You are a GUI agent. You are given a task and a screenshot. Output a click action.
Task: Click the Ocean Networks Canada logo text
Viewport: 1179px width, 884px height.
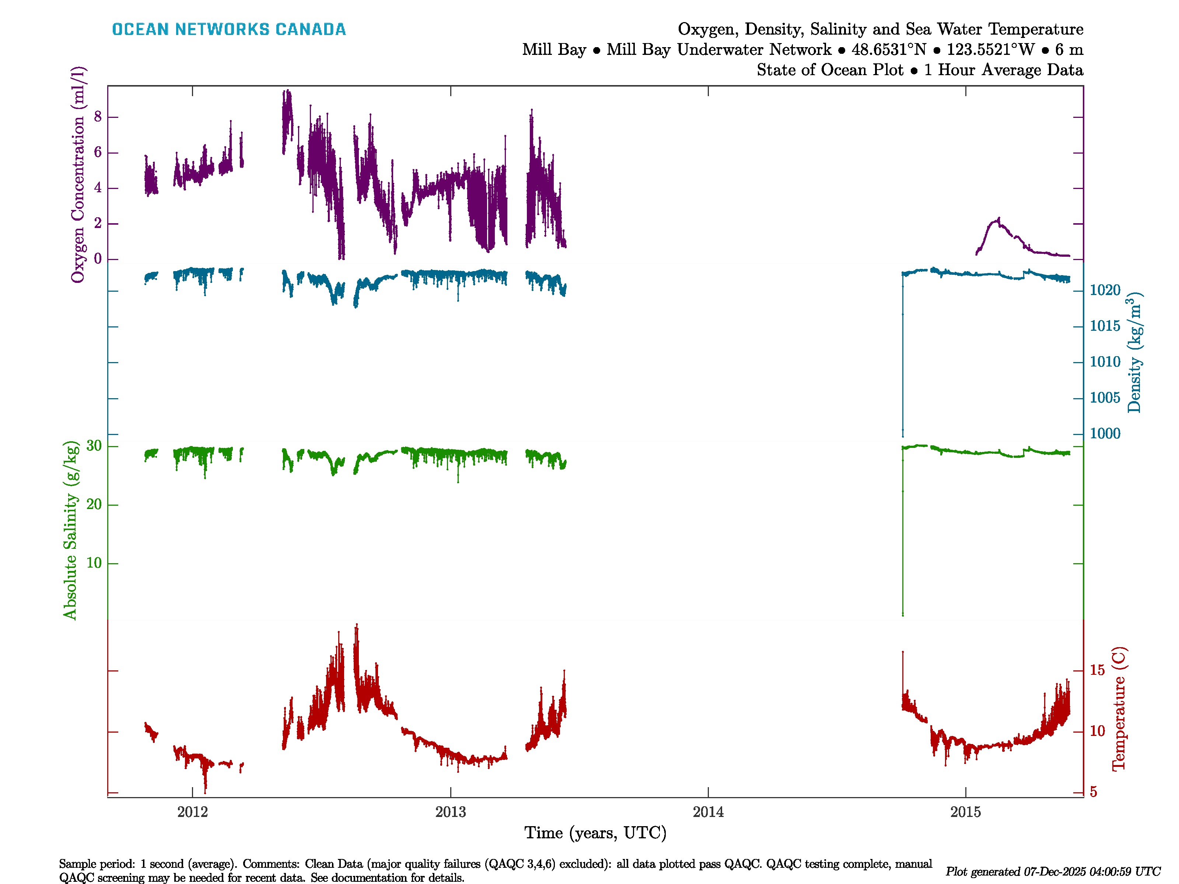click(229, 29)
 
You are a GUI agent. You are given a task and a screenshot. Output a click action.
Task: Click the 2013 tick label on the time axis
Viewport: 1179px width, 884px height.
click(450, 812)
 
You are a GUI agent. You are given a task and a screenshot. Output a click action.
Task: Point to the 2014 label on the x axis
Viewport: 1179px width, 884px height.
click(708, 812)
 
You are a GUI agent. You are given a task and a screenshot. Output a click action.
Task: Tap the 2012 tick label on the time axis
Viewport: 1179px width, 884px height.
click(192, 812)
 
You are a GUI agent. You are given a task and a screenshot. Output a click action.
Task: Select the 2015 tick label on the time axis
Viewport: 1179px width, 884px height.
click(965, 812)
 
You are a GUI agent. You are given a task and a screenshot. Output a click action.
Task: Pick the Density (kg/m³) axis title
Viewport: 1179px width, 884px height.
click(1134, 352)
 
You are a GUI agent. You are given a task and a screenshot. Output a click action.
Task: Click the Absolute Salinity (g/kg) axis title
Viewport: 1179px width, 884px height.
click(70, 530)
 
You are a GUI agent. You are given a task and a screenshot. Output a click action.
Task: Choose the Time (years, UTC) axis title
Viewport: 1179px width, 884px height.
click(595, 833)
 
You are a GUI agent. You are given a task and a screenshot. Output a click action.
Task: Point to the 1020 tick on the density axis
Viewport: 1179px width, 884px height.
click(1105, 290)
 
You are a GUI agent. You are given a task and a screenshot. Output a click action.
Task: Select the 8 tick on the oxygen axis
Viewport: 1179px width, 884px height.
click(98, 117)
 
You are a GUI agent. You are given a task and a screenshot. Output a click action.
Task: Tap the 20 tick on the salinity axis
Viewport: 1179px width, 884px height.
click(94, 504)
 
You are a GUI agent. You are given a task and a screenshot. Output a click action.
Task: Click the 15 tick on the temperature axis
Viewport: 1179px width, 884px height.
click(1098, 670)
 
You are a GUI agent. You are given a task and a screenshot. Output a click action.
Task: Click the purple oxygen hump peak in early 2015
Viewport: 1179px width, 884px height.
click(998, 218)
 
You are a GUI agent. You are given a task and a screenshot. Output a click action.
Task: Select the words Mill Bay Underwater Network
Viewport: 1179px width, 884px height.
click(718, 50)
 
